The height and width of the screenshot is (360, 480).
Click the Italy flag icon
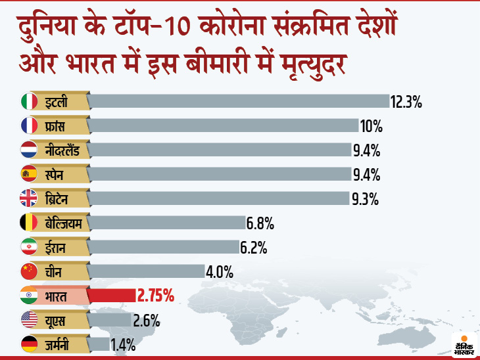click(x=29, y=101)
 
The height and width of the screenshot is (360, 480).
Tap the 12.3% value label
click(x=405, y=102)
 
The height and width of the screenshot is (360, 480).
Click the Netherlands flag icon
click(x=29, y=150)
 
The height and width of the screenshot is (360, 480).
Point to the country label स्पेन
click(x=57, y=174)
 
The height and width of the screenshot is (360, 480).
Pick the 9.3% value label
click(x=365, y=198)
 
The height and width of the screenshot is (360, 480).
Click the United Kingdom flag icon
click(x=29, y=198)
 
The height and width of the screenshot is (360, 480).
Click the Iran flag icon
click(x=29, y=247)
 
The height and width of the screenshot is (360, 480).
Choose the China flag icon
click(x=29, y=271)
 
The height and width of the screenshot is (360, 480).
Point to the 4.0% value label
click(x=220, y=271)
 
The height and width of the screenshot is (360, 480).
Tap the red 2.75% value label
click(x=155, y=296)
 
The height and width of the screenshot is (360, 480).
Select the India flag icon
click(x=29, y=296)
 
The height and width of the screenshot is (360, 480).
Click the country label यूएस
click(x=56, y=320)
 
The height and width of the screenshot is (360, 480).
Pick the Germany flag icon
click(x=29, y=344)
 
